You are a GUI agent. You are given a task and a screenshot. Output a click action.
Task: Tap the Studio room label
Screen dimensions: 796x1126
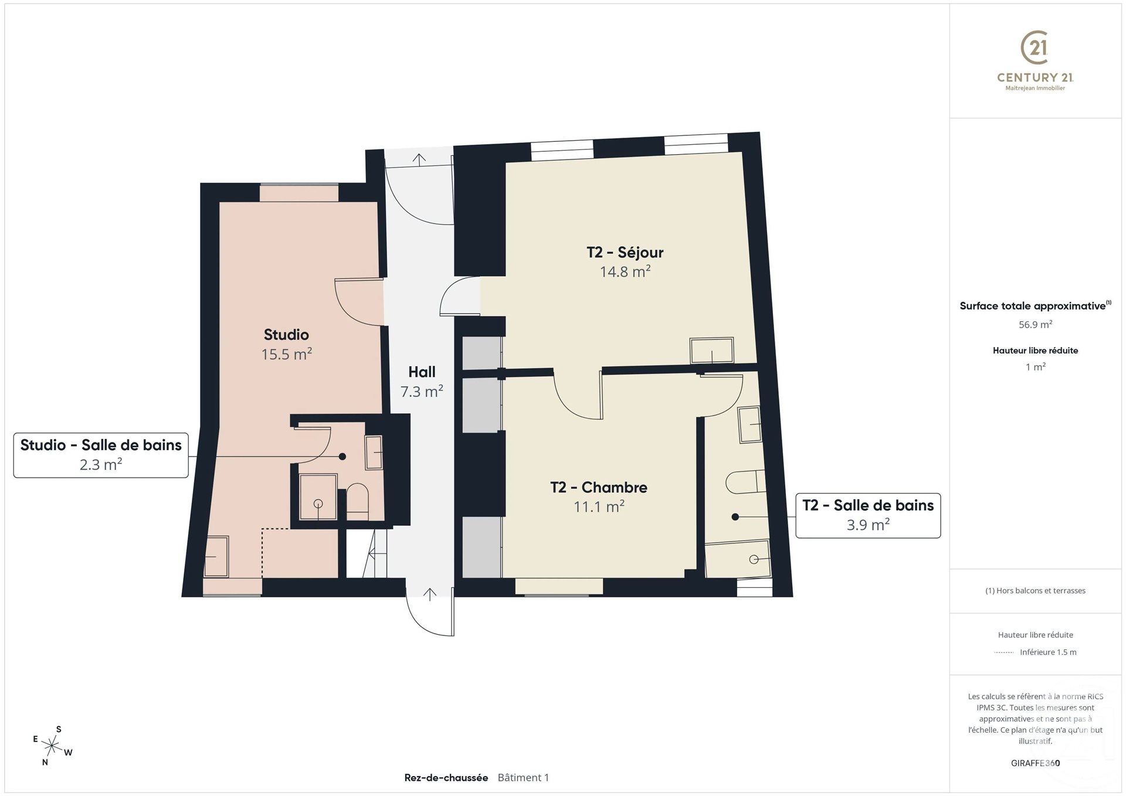286,335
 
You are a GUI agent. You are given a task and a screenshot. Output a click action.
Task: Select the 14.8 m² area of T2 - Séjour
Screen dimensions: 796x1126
625,271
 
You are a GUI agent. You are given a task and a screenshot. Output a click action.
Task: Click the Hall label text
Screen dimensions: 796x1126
422,372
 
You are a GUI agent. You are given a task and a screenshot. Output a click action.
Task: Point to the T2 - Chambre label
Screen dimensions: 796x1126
598,487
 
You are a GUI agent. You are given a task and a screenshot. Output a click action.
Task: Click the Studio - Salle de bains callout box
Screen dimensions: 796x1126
101,455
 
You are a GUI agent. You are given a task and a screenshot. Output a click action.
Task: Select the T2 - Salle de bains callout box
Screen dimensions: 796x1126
867,515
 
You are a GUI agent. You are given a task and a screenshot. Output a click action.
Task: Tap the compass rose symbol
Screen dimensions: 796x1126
53,746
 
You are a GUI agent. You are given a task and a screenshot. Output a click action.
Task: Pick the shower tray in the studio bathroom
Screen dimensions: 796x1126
318,497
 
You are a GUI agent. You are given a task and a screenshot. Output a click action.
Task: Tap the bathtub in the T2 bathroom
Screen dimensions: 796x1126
738,560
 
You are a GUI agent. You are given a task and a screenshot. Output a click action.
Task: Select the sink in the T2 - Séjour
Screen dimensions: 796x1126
711,351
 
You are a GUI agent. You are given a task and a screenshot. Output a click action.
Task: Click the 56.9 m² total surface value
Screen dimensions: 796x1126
1035,324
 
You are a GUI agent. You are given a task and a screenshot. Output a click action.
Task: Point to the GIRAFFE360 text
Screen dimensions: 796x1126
1035,763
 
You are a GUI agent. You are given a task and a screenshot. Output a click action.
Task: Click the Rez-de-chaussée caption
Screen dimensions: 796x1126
446,778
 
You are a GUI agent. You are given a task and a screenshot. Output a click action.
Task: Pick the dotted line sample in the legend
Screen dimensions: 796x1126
1004,652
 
